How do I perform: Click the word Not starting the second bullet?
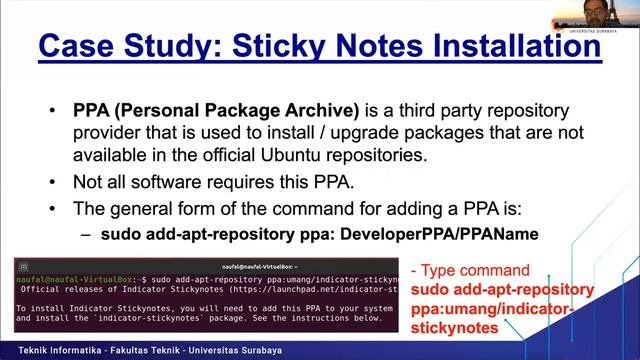[x=89, y=182]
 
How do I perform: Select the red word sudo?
[x=431, y=289]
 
